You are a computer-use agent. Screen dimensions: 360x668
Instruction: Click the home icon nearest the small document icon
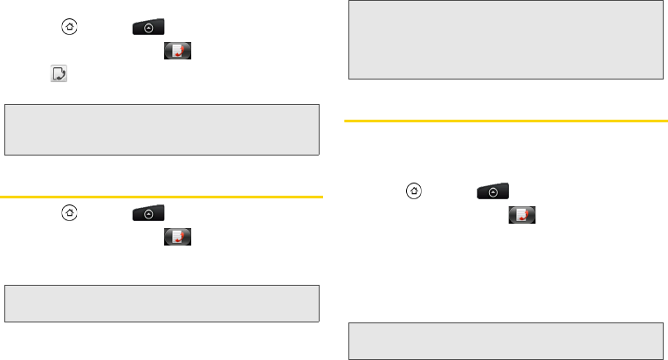click(66, 27)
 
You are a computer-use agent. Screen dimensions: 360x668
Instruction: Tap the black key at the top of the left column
click(148, 27)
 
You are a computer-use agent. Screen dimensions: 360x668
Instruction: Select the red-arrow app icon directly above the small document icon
click(178, 54)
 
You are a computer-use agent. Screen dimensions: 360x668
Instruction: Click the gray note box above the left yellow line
click(162, 130)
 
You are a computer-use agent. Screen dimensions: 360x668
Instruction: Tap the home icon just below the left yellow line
click(66, 213)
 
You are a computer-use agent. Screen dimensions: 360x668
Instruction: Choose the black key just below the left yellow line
click(148, 213)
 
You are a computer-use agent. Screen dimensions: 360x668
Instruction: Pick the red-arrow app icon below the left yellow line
click(178, 237)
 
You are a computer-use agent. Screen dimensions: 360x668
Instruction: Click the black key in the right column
click(492, 191)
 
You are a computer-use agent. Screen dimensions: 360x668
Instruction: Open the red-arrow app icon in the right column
click(523, 215)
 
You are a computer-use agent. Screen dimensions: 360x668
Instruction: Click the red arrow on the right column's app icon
click(527, 218)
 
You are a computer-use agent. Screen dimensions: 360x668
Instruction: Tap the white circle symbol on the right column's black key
click(492, 191)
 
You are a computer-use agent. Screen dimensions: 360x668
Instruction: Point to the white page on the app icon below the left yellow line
click(176, 235)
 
